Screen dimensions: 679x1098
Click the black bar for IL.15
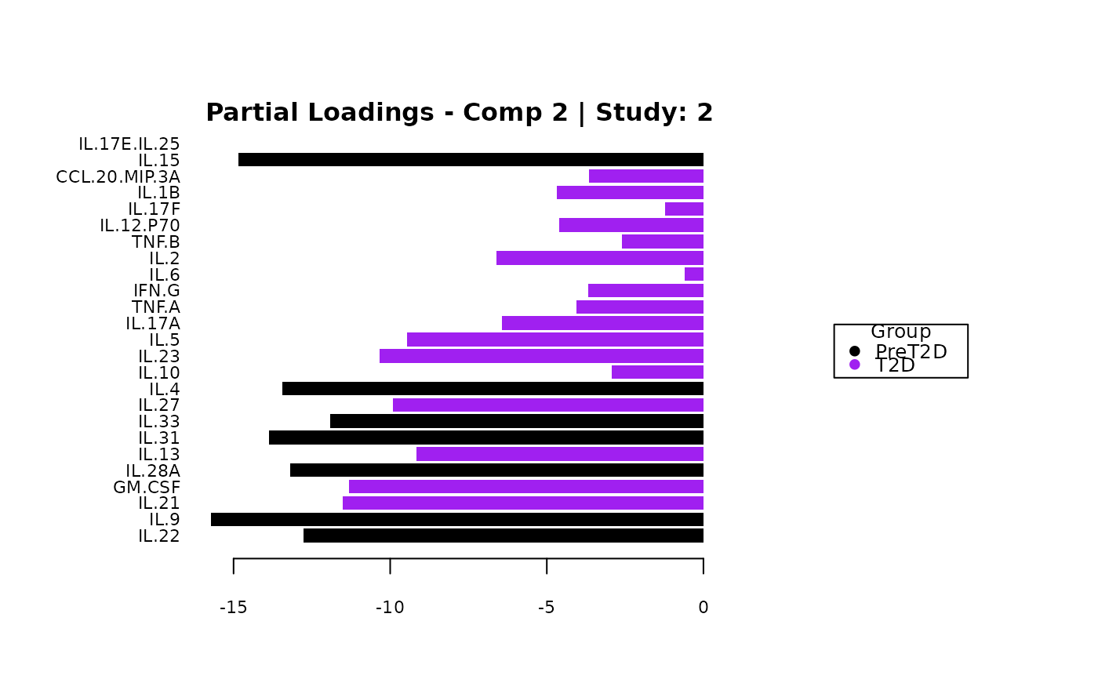(471, 160)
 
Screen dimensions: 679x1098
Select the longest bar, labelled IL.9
(457, 519)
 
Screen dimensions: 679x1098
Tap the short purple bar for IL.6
(694, 274)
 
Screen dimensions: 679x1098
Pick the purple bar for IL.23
(541, 356)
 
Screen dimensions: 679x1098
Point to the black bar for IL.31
(486, 438)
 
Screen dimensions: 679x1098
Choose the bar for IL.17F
(684, 209)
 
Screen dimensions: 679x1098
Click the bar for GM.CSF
(526, 487)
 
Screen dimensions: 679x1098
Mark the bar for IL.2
(600, 258)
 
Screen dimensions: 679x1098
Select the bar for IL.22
(504, 536)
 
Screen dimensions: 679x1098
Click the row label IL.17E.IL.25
(129, 144)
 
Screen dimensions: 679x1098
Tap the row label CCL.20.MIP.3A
(118, 177)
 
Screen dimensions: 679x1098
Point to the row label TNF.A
(156, 307)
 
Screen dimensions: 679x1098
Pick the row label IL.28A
(153, 470)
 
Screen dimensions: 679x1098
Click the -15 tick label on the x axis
(234, 608)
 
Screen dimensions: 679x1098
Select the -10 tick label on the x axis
(390, 608)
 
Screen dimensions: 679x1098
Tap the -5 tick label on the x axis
(547, 608)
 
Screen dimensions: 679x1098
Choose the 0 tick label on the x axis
(704, 608)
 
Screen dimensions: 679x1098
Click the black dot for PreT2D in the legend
(855, 351)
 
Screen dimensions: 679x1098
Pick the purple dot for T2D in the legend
(855, 365)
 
